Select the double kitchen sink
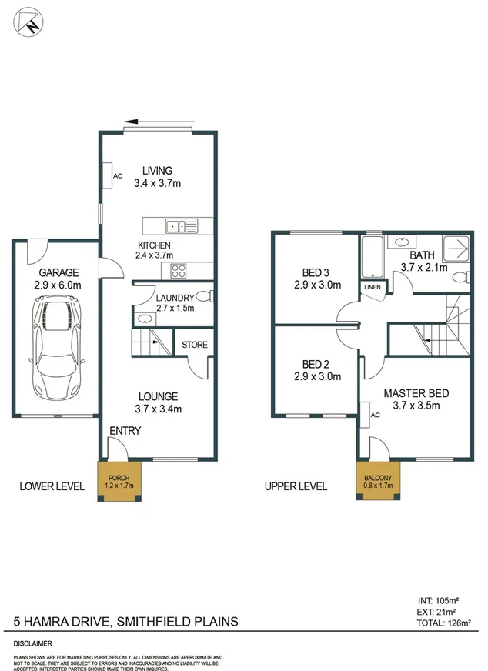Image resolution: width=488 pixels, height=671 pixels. pos(179,225)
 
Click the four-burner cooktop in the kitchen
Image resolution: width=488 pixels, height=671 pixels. pos(179,270)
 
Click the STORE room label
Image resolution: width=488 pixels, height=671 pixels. pos(195,345)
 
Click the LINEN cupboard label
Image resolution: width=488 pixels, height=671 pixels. pos(373,287)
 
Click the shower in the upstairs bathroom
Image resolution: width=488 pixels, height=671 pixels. pos(459,247)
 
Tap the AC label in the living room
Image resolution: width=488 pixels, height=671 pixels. pos(118,175)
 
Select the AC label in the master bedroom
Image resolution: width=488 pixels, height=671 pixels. pos(376,415)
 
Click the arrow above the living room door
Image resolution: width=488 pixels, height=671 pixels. pos(160,122)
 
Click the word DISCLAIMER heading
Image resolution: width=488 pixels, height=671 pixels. pos(32,642)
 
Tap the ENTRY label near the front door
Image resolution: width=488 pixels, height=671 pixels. pos(125,431)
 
